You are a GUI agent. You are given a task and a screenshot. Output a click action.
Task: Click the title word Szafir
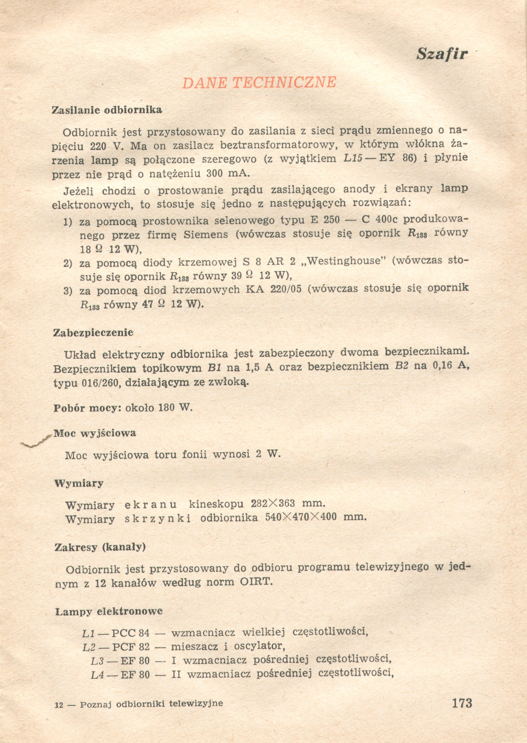[442, 54]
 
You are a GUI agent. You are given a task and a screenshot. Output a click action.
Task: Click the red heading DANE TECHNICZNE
[259, 82]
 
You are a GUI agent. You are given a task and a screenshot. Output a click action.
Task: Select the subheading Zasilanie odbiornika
[107, 110]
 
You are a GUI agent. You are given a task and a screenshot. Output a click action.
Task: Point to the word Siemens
[206, 234]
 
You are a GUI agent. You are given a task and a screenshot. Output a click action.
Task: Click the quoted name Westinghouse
[344, 261]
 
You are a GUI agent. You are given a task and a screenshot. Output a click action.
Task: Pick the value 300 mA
[227, 173]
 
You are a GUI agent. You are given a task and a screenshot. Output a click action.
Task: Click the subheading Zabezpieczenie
[93, 333]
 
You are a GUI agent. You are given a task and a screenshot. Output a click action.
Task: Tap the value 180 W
[175, 408]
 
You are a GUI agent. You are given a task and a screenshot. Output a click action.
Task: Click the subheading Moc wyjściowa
[95, 433]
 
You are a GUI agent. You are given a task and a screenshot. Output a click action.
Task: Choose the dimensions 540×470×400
[301, 517]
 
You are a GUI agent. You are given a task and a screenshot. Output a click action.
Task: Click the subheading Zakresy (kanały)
[100, 547]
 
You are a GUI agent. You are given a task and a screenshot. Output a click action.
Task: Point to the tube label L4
[97, 676]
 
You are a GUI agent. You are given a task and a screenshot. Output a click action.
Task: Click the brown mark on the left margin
[36, 442]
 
